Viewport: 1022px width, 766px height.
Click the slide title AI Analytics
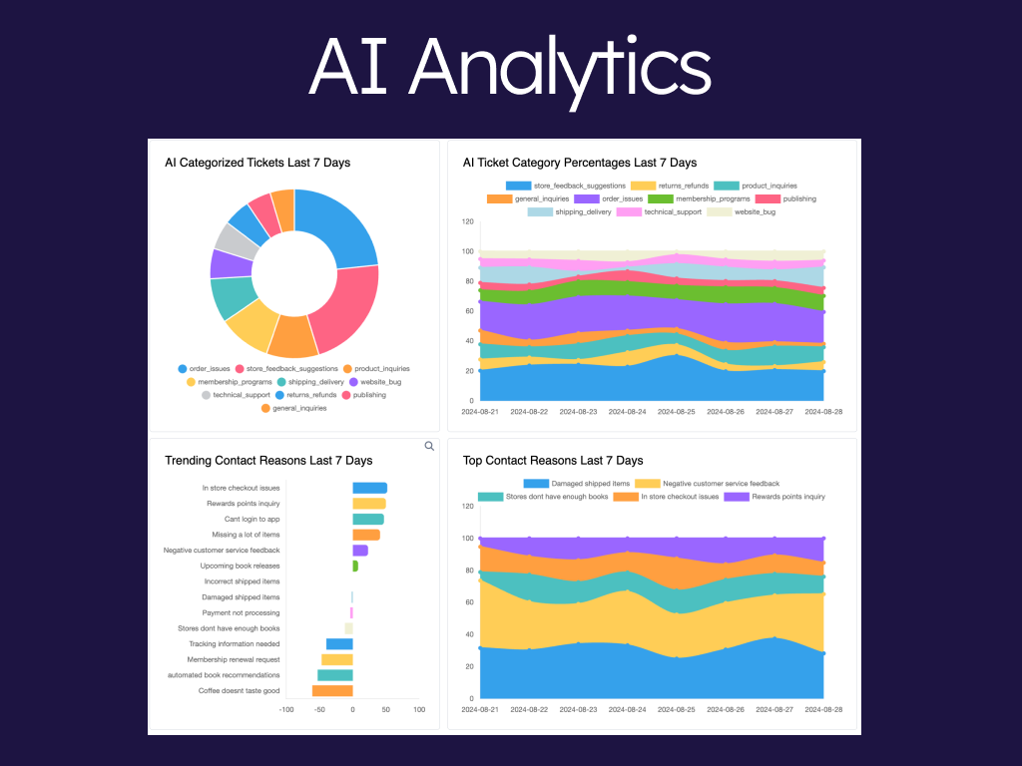(x=510, y=67)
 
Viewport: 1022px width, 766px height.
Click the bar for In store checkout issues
(x=369, y=488)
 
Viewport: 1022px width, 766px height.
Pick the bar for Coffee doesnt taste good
(x=332, y=690)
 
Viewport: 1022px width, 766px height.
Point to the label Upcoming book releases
(x=240, y=566)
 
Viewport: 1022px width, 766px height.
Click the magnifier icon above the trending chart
(x=429, y=446)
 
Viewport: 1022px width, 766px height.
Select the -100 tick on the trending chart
(x=286, y=710)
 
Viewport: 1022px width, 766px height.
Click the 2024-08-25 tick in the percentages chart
(x=677, y=411)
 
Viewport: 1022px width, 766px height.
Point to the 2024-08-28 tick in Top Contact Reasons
(x=823, y=709)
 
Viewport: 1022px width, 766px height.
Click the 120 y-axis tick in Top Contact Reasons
(x=467, y=506)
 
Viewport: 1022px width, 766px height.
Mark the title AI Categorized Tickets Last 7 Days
(x=257, y=163)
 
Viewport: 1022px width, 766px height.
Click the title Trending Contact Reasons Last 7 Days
(x=268, y=461)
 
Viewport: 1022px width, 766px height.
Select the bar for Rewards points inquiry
(x=368, y=504)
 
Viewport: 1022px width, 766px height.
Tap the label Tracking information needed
(x=235, y=643)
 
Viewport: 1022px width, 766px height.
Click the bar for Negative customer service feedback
(x=360, y=550)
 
